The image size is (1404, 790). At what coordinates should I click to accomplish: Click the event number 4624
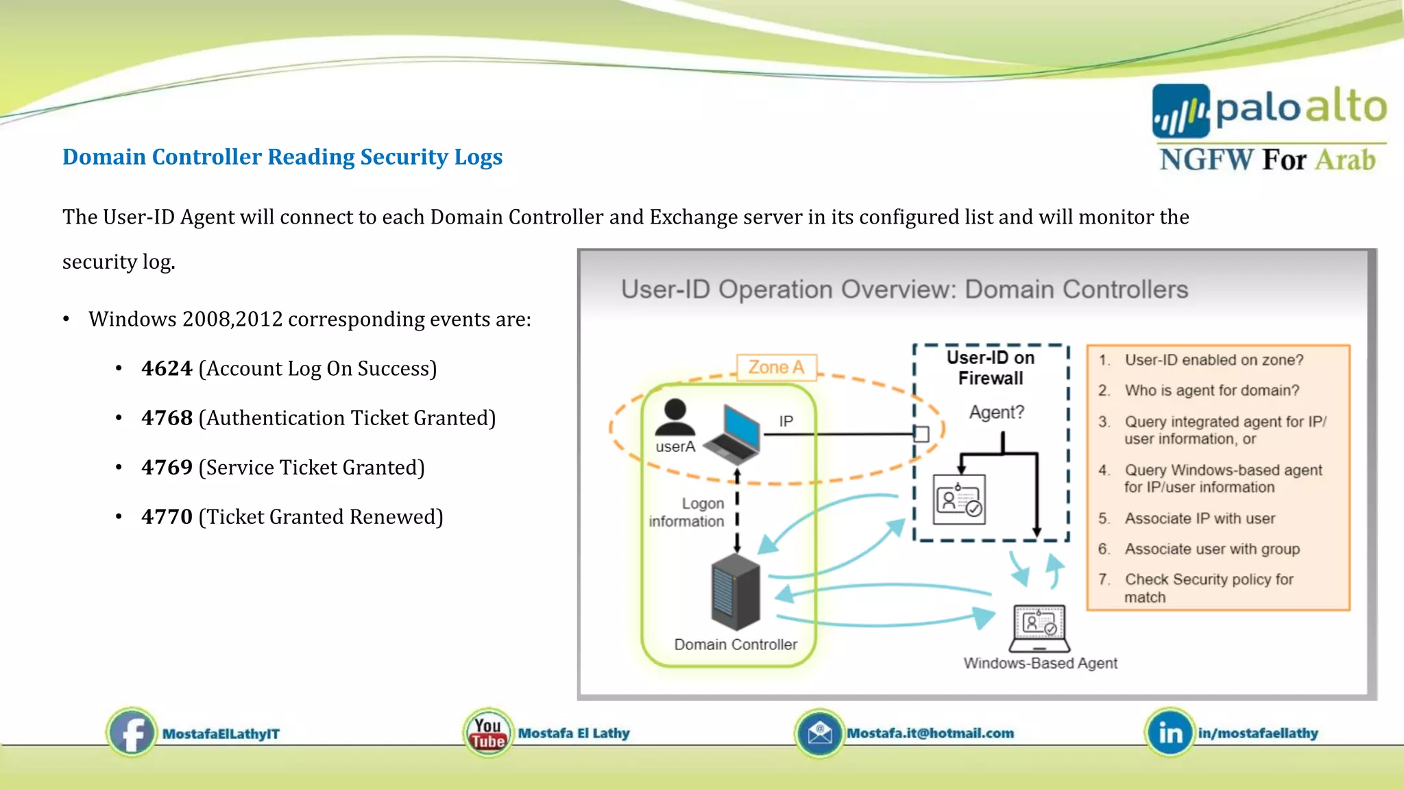click(167, 369)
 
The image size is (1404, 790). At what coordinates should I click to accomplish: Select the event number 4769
click(167, 468)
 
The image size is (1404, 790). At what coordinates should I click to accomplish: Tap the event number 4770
click(167, 517)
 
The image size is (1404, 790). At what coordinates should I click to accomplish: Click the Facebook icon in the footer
click(132, 733)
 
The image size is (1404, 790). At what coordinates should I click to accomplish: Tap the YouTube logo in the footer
click(487, 733)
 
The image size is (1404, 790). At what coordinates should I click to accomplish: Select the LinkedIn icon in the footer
click(1170, 733)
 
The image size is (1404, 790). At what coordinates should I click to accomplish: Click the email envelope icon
click(819, 733)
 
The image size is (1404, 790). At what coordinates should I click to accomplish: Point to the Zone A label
click(776, 368)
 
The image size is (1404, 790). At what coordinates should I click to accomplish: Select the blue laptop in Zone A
click(734, 435)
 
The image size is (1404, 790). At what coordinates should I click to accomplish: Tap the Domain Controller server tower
click(736, 591)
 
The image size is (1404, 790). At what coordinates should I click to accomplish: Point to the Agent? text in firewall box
click(996, 412)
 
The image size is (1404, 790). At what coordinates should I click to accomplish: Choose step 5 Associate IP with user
click(1200, 518)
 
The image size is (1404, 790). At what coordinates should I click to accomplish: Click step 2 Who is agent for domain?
click(1211, 390)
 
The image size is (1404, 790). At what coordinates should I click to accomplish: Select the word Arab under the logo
click(1345, 160)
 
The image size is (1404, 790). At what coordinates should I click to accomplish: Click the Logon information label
click(687, 512)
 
